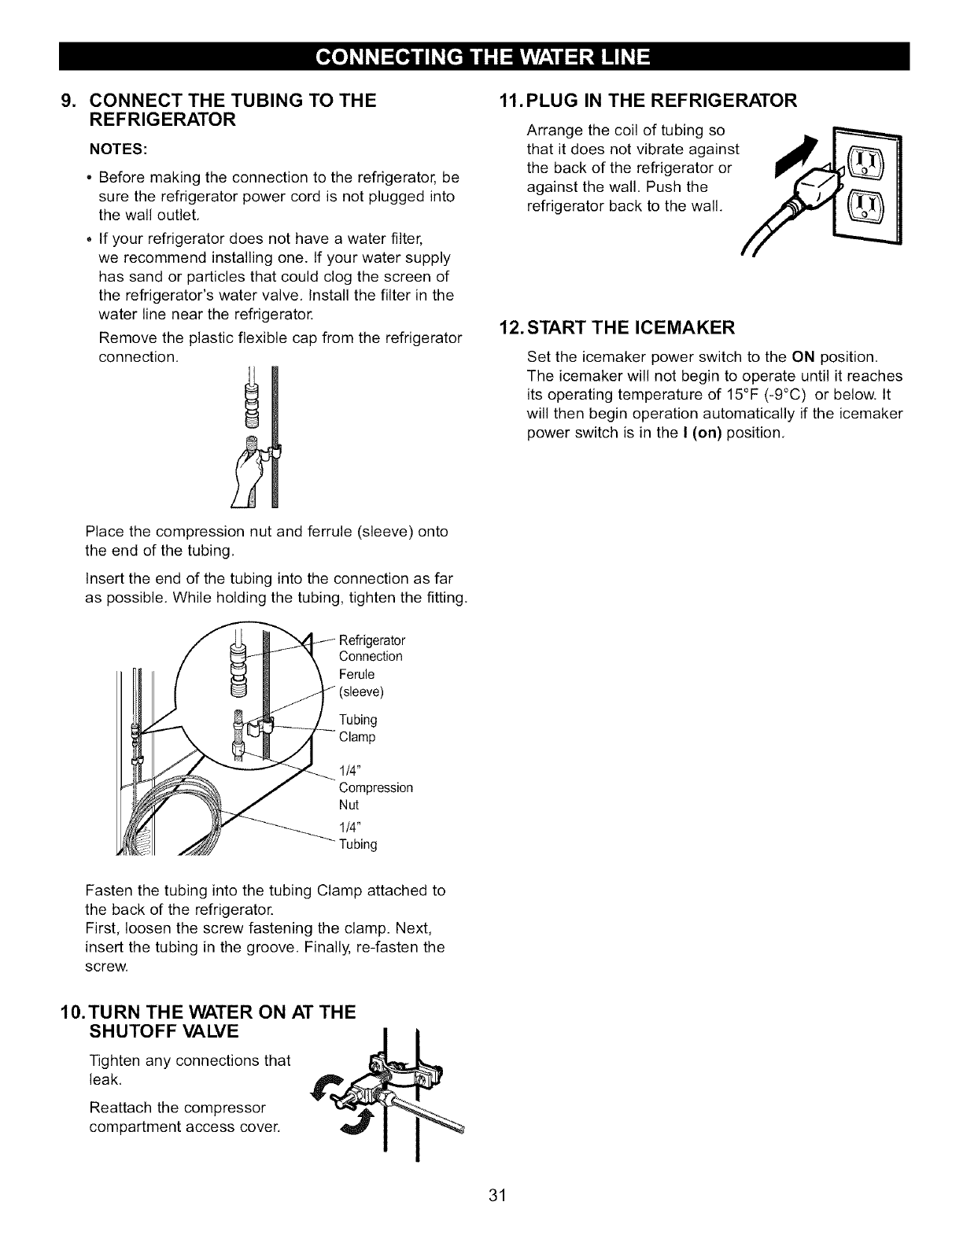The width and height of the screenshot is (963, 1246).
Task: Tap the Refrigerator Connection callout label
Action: point(370,647)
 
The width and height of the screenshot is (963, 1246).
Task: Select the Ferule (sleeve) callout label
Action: point(360,683)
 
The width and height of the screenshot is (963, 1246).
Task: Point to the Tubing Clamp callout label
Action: point(357,728)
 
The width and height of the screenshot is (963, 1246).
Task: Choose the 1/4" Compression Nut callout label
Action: point(374,787)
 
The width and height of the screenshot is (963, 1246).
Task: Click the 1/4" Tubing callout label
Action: point(357,835)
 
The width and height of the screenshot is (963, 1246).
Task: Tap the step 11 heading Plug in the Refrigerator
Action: point(648,101)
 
